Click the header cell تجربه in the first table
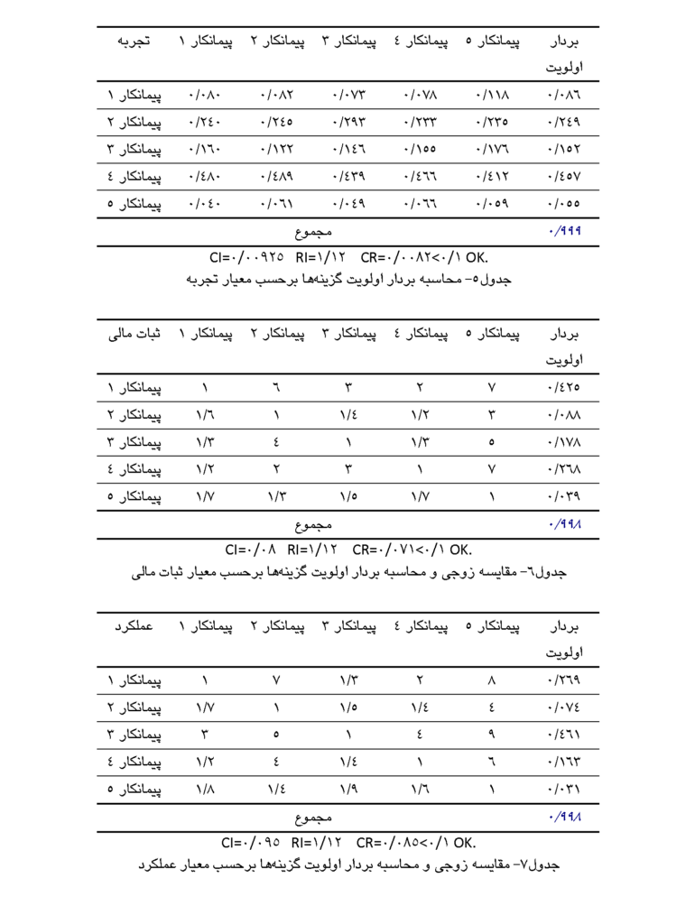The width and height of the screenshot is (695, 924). coord(133,42)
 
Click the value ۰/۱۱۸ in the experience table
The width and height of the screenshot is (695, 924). coord(492,94)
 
